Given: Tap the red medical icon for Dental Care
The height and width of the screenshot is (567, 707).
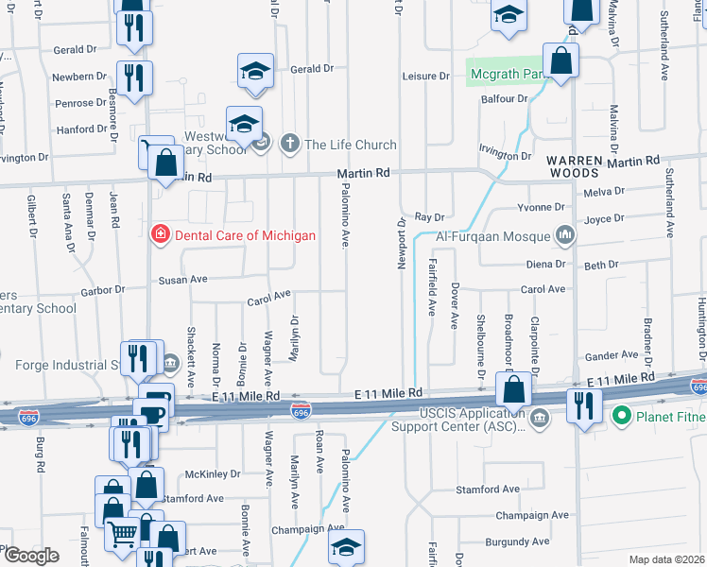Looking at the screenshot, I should (161, 234).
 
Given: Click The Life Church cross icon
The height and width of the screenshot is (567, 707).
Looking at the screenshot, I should (290, 145).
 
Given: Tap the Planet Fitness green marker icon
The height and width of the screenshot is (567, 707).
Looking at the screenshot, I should (622, 414).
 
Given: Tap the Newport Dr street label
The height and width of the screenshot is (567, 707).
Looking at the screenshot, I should (401, 245).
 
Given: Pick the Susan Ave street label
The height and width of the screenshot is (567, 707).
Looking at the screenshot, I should (182, 281).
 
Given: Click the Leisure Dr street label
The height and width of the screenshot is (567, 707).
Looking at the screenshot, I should (424, 76).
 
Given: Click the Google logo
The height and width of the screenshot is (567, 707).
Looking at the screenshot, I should (31, 556).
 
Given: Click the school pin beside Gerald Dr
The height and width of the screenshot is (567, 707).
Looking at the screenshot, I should (255, 73).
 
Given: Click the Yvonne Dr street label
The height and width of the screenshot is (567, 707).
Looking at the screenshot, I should (542, 206).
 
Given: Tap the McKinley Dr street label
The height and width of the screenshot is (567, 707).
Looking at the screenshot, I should (213, 474).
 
